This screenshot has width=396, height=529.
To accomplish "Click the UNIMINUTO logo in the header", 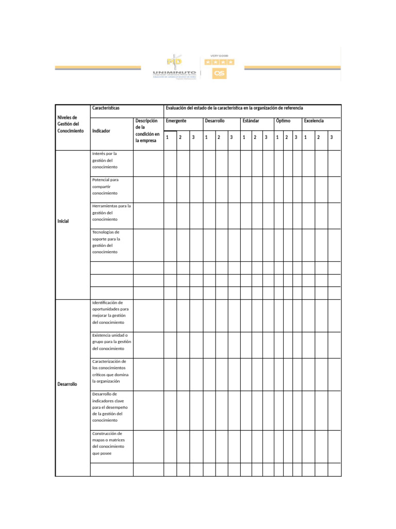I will click(174, 68).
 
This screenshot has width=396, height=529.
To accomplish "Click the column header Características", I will click(106, 108).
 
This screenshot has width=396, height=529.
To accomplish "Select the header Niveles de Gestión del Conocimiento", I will click(70, 125).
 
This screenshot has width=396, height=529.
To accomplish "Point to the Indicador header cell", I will click(101, 131).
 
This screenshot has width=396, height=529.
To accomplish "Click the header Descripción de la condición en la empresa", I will click(147, 130).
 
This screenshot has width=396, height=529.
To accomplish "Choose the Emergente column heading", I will click(176, 121).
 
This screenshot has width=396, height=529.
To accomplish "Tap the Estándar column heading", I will click(251, 121).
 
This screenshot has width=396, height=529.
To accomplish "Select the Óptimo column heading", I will click(283, 121).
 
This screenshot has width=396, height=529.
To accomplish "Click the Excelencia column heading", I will click(314, 121).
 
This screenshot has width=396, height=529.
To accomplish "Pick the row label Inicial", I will click(63, 221).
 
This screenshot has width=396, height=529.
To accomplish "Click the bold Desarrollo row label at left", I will click(67, 384).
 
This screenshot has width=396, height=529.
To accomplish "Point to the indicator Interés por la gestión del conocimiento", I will click(105, 161).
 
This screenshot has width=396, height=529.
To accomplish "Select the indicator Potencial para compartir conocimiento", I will click(105, 186).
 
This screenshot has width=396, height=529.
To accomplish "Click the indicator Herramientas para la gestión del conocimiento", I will click(111, 212).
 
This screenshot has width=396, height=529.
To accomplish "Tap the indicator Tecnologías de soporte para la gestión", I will click(106, 242).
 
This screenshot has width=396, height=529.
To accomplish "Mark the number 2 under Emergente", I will click(180, 137).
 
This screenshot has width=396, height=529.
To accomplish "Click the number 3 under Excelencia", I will click(332, 137).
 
